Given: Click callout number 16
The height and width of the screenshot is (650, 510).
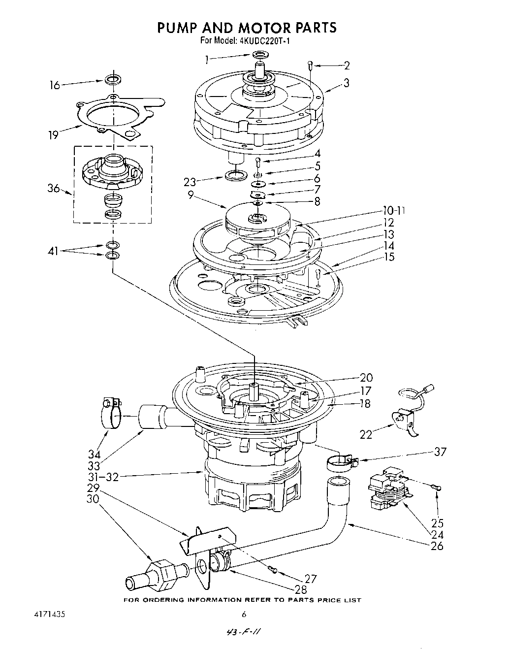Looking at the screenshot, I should pyautogui.click(x=54, y=85).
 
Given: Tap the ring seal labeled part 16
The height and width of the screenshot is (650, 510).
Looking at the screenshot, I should pyautogui.click(x=113, y=79).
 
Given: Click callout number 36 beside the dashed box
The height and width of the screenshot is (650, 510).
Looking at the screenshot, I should pyautogui.click(x=54, y=189).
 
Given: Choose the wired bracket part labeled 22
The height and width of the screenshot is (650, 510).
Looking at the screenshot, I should pyautogui.click(x=405, y=419).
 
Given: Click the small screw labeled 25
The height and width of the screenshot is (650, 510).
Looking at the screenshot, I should pyautogui.click(x=435, y=487).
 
